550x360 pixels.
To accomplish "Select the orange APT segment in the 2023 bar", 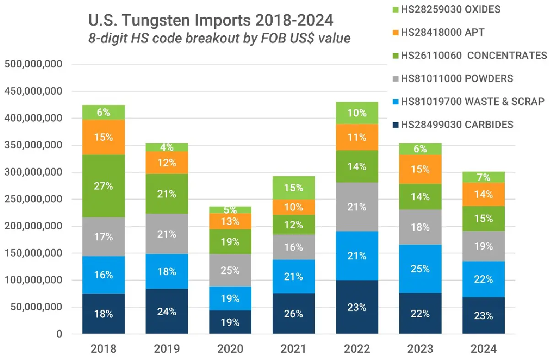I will pyautogui.click(x=420, y=169).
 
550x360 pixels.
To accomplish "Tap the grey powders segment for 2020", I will pyautogui.click(x=230, y=270).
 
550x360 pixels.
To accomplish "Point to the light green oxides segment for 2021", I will pyautogui.click(x=293, y=188).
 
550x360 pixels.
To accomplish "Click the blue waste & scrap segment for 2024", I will pyautogui.click(x=484, y=279).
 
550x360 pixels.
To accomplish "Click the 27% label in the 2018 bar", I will pyautogui.click(x=103, y=186).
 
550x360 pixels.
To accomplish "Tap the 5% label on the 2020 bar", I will pyautogui.click(x=230, y=210).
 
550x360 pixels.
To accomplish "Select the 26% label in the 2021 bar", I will pyautogui.click(x=293, y=314).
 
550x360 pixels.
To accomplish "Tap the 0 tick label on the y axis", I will pyautogui.click(x=59, y=334).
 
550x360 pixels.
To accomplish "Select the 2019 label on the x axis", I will pyautogui.click(x=167, y=349).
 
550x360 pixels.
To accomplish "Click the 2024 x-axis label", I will pyautogui.click(x=484, y=349).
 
